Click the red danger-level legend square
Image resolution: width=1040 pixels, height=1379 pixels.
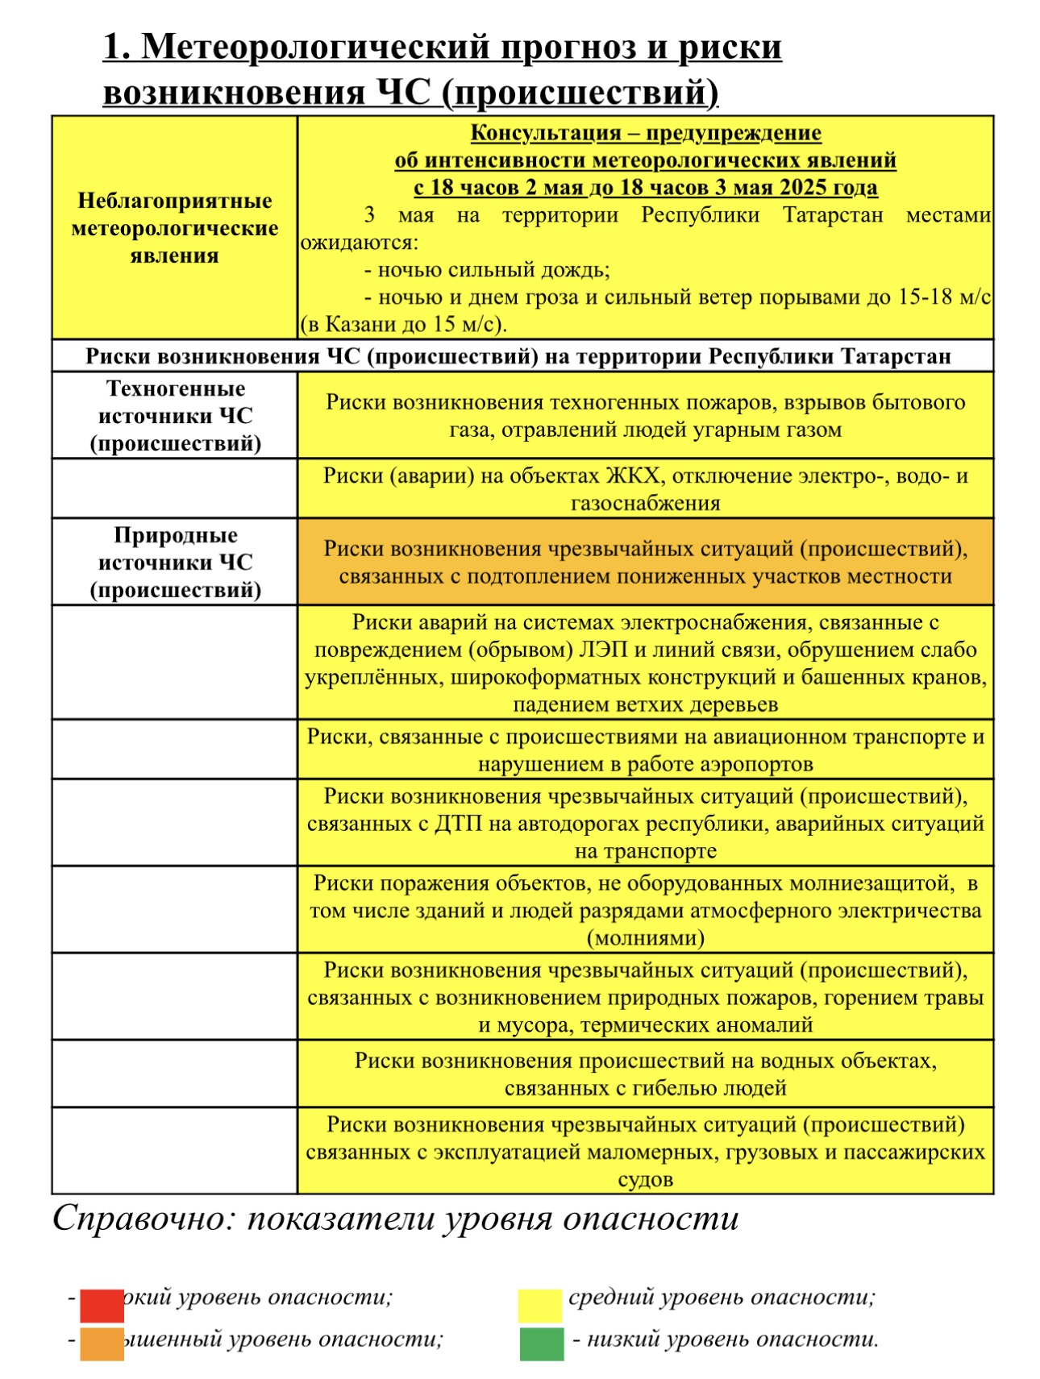pyautogui.click(x=102, y=1306)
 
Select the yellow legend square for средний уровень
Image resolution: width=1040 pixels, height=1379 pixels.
pyautogui.click(x=539, y=1306)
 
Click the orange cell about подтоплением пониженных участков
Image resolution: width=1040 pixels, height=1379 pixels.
pyautogui.click(x=645, y=562)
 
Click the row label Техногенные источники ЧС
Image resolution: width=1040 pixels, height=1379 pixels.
pyautogui.click(x=175, y=416)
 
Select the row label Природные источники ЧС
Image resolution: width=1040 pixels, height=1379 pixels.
pyautogui.click(x=175, y=563)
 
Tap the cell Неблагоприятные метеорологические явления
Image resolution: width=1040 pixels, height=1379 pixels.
pyautogui.click(x=175, y=228)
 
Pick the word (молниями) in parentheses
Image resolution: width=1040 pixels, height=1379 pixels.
pyautogui.click(x=645, y=938)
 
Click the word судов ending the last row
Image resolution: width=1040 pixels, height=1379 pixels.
pyautogui.click(x=645, y=1180)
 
